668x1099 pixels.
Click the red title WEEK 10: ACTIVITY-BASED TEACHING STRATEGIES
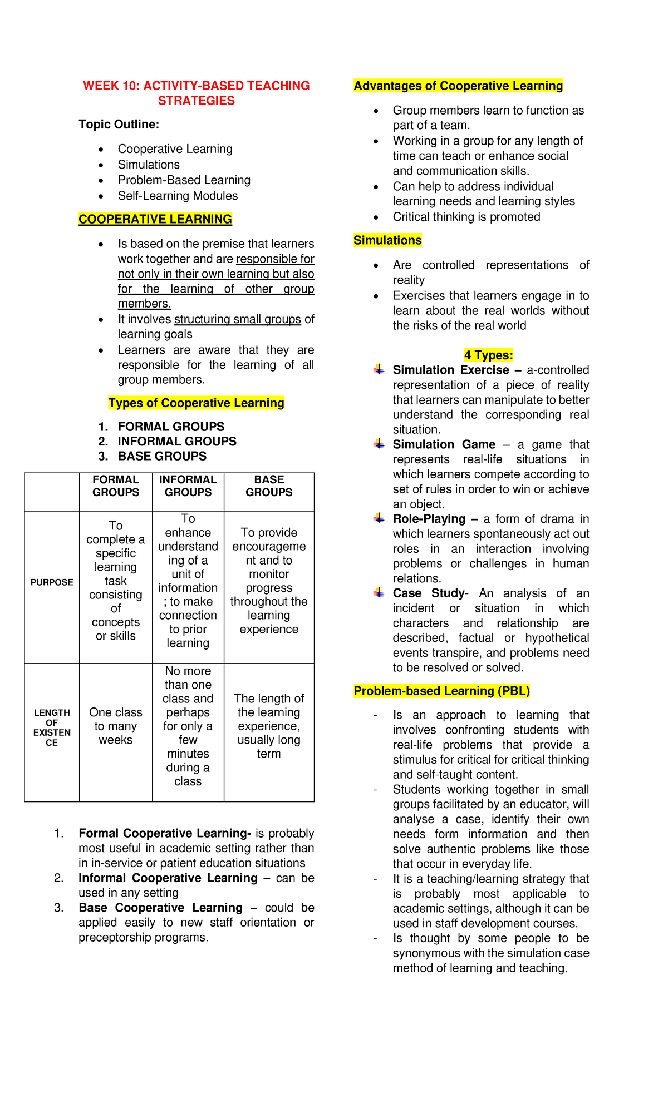coord(196,93)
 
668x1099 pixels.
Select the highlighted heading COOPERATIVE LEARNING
coord(155,219)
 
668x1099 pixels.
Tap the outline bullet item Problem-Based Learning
coord(184,180)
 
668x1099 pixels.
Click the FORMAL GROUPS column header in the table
coord(116,486)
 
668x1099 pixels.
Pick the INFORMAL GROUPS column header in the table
coord(188,486)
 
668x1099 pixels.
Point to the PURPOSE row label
coord(52,582)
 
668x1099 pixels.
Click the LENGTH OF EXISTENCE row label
coord(52,727)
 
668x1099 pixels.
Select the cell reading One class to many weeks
coord(116,726)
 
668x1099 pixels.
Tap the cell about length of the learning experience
coord(269,726)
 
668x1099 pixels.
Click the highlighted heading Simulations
coord(387,240)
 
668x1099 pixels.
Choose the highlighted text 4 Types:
coord(488,355)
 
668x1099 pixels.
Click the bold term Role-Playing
coord(429,519)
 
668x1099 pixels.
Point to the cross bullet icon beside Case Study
coord(379,593)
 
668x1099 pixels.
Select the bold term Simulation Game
coord(444,444)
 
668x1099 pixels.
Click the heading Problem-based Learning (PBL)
coord(441,691)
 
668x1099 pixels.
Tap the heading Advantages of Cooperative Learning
coord(458,86)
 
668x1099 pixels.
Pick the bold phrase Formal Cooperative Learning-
coord(165,833)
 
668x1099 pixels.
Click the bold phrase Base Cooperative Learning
coord(160,908)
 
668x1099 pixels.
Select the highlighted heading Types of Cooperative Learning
coord(196,403)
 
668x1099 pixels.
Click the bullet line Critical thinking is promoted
coord(466,217)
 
